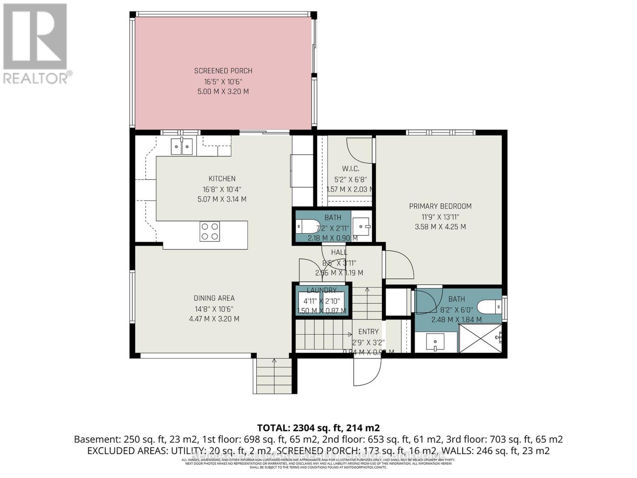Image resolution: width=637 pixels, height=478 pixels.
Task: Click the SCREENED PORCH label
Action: click(223, 71)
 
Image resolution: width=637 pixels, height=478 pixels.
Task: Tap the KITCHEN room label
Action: click(222, 179)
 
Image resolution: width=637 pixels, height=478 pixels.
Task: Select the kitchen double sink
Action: click(182, 146)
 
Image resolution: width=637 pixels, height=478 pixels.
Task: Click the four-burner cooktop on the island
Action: click(210, 231)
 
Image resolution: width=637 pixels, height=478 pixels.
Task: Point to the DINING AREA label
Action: click(214, 298)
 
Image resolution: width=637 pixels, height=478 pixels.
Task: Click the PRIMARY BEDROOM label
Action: click(440, 206)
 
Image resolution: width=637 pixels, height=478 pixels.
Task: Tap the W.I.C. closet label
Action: click(350, 169)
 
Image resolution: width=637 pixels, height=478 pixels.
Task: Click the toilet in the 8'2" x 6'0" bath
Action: click(489, 307)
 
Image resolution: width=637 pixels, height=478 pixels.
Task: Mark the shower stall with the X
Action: click(480, 338)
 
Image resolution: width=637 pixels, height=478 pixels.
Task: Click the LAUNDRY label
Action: click(322, 290)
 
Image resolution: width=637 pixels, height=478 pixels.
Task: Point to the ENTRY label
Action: click(368, 331)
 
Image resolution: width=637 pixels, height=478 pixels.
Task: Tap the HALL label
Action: click(339, 252)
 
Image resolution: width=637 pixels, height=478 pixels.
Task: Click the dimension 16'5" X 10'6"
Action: click(223, 81)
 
